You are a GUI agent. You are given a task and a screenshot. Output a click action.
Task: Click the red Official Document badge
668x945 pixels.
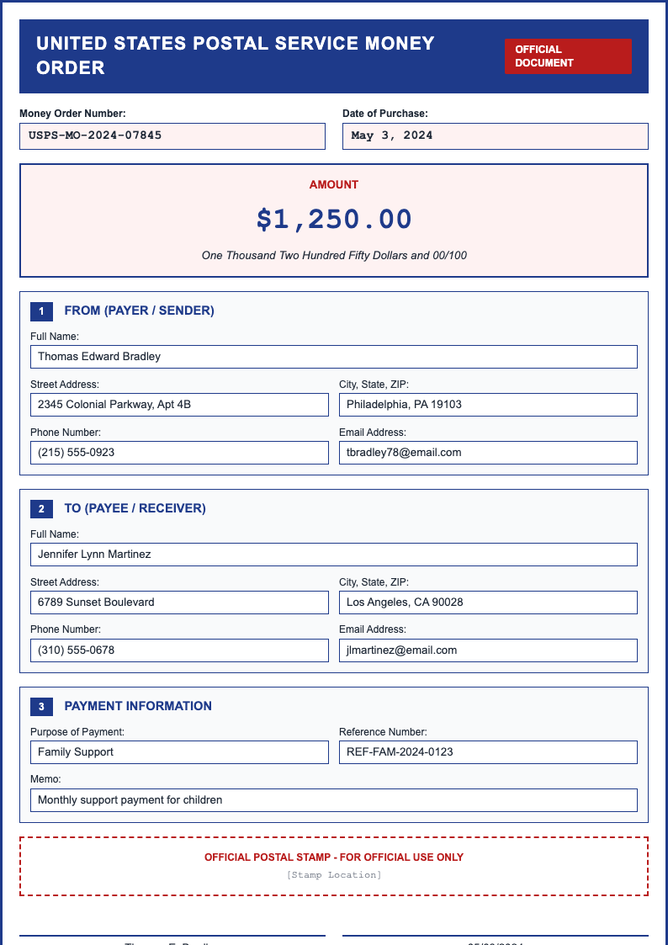568,56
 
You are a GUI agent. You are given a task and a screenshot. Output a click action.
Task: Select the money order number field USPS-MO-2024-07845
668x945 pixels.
172,135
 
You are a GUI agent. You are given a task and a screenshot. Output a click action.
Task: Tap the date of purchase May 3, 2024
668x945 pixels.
495,135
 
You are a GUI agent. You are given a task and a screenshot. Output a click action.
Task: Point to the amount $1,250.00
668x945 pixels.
334,219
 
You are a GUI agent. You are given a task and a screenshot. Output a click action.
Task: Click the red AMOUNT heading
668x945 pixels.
334,184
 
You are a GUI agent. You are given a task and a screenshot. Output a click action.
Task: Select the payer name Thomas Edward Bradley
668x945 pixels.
333,356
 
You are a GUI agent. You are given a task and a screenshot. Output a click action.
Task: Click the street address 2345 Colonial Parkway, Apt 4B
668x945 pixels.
179,404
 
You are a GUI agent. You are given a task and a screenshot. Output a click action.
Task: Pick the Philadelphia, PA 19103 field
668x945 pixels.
488,404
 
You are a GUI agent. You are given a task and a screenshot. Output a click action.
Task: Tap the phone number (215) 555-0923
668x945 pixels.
179,452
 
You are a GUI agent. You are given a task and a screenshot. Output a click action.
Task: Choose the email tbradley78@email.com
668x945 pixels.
488,452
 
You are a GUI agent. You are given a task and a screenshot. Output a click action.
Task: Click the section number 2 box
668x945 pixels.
41,508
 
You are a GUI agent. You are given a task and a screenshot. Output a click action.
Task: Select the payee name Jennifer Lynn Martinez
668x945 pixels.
333,554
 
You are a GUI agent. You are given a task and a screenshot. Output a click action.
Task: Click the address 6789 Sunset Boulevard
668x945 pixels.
179,602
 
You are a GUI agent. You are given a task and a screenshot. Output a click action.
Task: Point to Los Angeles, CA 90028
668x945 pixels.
488,602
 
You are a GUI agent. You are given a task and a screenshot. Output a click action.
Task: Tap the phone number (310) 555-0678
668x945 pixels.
179,650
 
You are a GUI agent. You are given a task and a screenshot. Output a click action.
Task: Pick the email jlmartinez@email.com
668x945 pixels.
488,650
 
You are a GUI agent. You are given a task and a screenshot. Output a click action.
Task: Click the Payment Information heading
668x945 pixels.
138,706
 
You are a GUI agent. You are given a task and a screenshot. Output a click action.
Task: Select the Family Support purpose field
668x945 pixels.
179,751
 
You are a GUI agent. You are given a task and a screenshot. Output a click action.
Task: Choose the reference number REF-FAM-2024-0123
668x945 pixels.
488,751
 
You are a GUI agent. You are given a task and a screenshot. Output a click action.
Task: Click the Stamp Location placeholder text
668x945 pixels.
334,875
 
